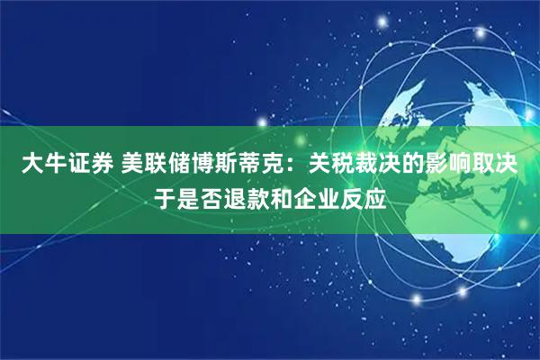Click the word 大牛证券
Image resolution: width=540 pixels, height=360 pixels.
[x=66, y=163]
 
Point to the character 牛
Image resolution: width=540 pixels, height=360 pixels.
[x=54, y=163]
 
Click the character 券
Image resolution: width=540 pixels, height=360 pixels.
[x=101, y=163]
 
